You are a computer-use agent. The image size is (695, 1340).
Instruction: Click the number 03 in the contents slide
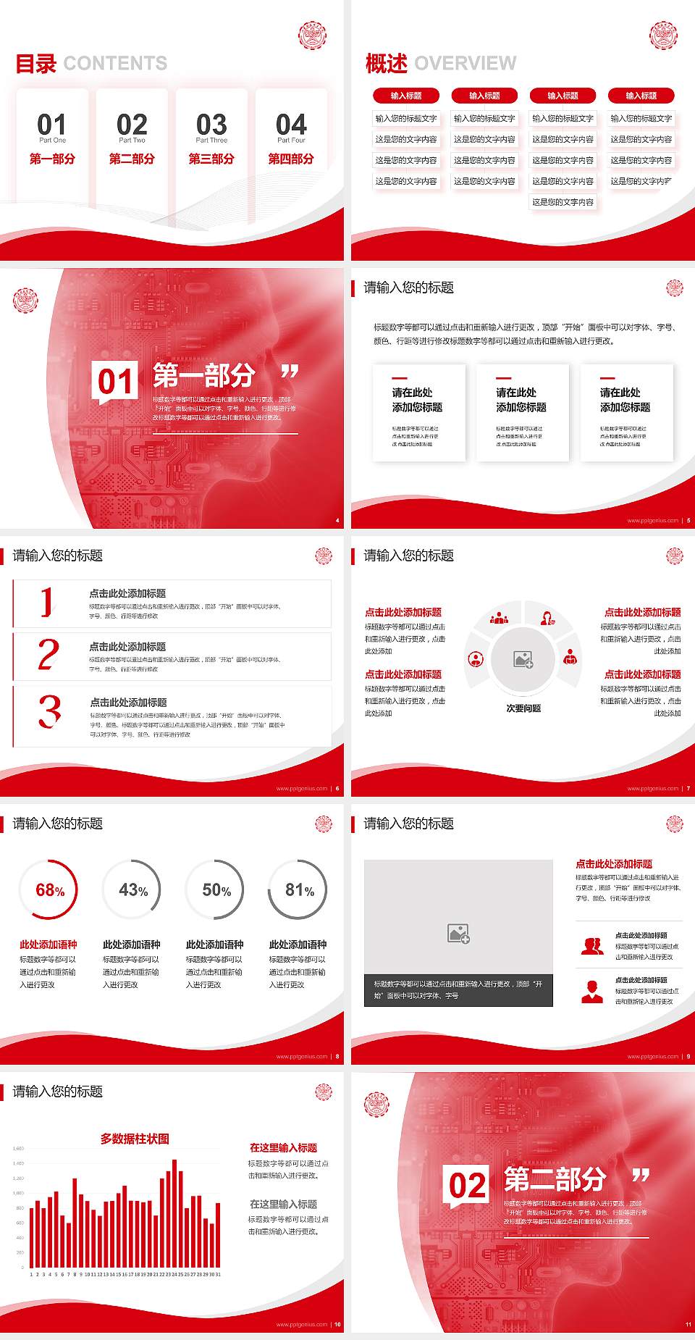coord(211,124)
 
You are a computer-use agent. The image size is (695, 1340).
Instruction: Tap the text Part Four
coord(291,141)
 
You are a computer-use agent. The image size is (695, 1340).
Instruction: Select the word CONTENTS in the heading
coord(115,64)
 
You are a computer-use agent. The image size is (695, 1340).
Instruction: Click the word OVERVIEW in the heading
coord(465,64)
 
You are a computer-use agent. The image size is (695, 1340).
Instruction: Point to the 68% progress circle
coord(49,890)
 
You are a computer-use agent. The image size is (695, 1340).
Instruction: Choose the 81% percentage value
coord(299,890)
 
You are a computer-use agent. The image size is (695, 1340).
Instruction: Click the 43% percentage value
coord(133,890)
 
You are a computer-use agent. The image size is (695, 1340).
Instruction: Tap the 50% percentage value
coord(216,890)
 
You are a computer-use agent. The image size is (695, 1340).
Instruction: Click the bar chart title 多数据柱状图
coord(135,1139)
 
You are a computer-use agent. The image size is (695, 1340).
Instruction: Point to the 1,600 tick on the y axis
coord(18,1149)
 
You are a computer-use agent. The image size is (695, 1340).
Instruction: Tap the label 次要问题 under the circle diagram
coord(523,708)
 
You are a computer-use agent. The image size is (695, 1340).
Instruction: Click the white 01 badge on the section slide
coord(115,382)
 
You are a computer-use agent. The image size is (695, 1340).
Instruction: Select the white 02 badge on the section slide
coord(467,1186)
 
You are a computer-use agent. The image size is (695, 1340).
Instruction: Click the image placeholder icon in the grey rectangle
coord(458,934)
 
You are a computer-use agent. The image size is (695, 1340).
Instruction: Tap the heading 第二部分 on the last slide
coord(555,1179)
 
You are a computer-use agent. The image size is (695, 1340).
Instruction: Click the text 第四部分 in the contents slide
coord(291,159)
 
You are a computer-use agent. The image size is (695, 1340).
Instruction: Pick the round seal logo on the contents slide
coord(313,35)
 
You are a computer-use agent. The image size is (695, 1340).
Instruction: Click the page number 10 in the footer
coord(337,1325)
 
